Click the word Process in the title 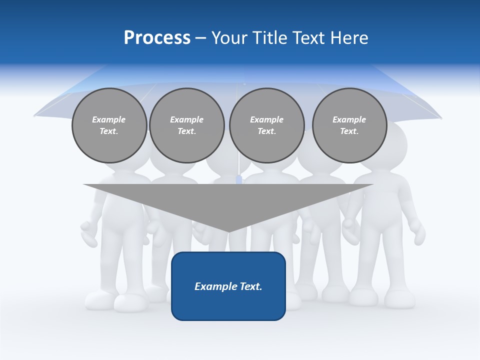157,38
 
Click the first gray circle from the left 109,125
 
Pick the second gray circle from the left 186,125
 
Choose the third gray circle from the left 266,125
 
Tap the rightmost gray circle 349,125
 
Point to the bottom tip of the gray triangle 228,231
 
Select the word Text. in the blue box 251,286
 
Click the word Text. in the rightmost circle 349,131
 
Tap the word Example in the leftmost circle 109,119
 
